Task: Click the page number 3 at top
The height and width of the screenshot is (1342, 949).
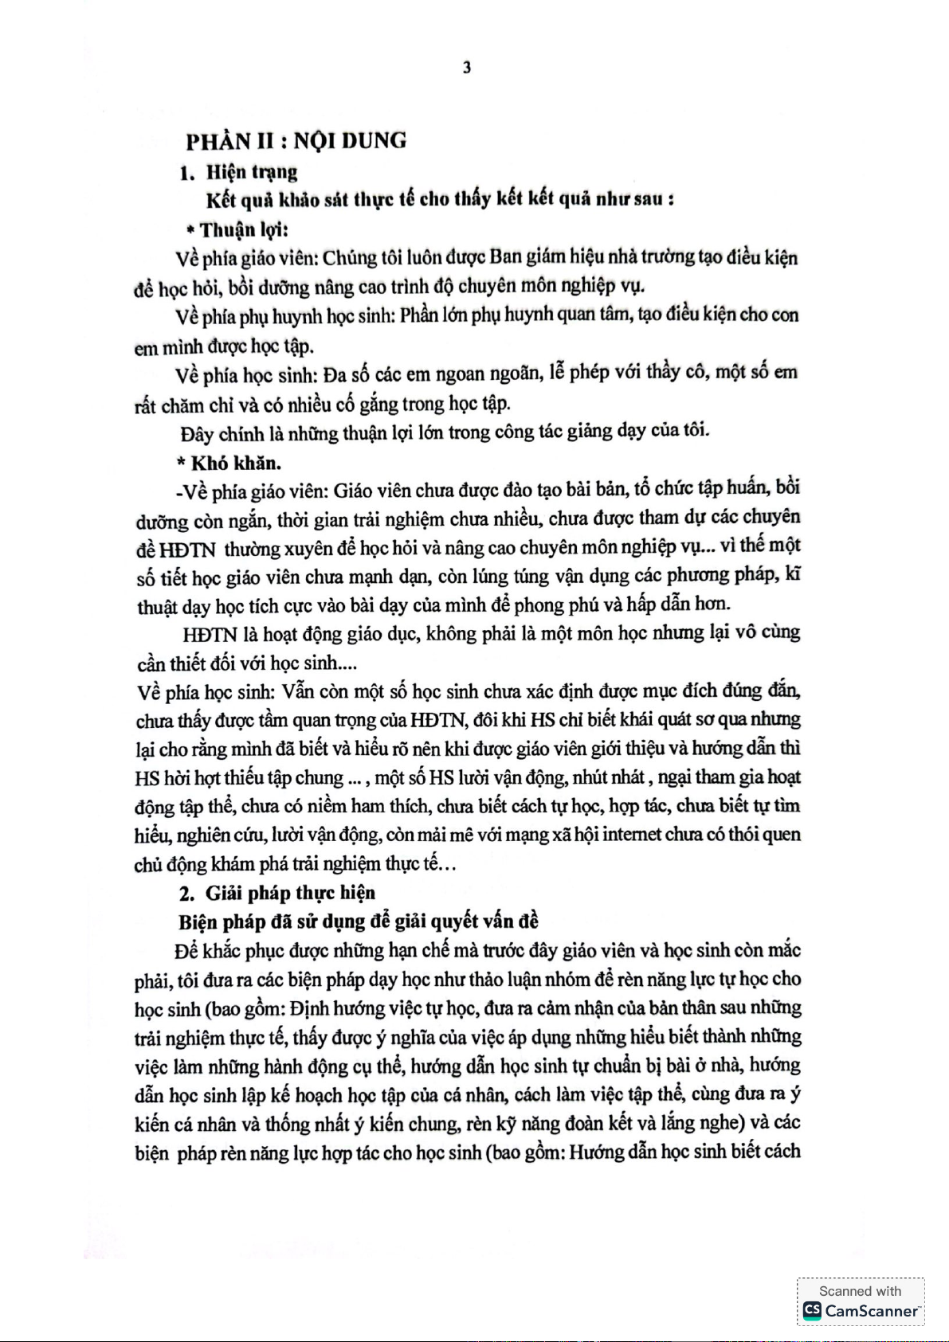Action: [x=467, y=68]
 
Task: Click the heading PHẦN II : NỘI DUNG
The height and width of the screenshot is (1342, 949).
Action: [x=296, y=141]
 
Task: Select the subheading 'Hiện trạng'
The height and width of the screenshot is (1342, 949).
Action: [x=251, y=172]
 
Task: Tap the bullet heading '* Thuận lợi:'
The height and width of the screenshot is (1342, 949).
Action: [x=237, y=230]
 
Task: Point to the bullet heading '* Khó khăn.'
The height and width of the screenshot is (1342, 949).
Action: [x=229, y=463]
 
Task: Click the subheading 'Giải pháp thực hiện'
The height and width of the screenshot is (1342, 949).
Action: [x=290, y=893]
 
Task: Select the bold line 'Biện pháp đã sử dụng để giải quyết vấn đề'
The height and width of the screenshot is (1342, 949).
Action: [x=359, y=921]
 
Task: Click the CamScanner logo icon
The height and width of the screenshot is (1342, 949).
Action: [x=812, y=1310]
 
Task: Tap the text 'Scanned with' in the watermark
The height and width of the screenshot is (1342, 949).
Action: [x=860, y=1291]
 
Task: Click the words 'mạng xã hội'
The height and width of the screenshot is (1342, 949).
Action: [x=552, y=835]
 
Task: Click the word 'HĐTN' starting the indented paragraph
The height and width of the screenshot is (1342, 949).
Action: [x=210, y=635]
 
